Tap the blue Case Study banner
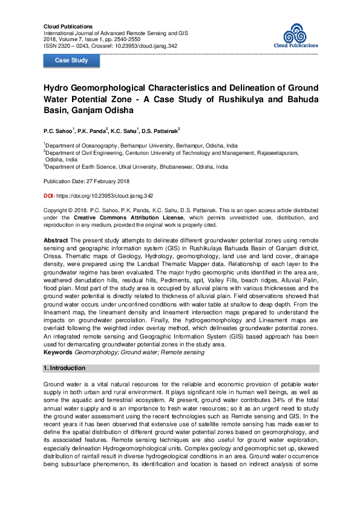(71, 60)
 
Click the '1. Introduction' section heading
(65, 368)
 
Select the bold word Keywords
(59, 352)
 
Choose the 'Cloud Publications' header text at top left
(68, 27)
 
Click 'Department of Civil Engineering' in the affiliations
(88, 154)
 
